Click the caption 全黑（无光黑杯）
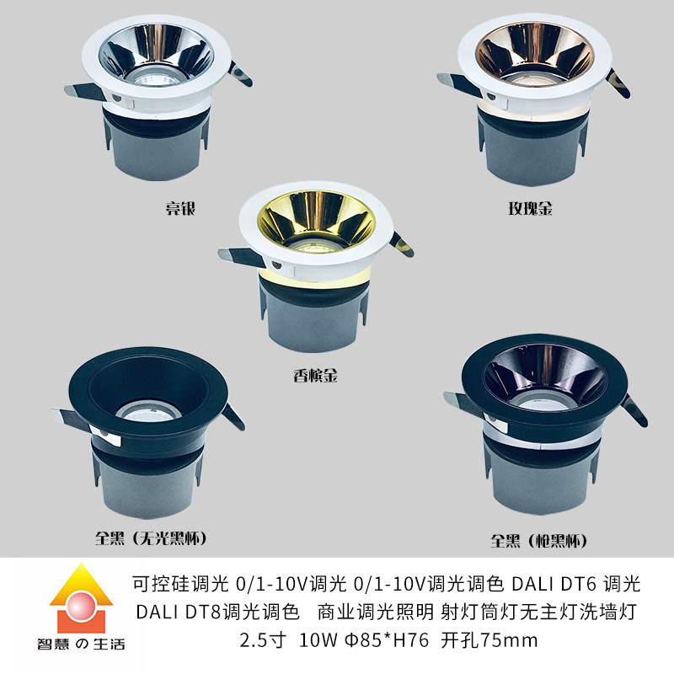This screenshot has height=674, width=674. (x=152, y=537)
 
